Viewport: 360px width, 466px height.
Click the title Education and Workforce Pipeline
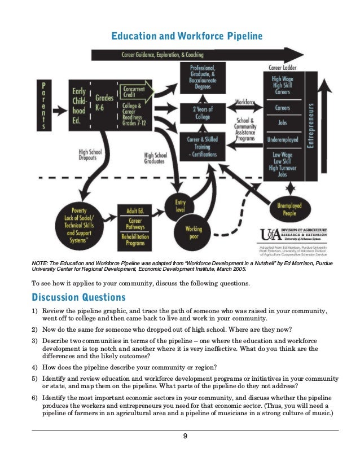click(x=187, y=37)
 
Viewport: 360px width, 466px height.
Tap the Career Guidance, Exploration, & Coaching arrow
click(x=164, y=55)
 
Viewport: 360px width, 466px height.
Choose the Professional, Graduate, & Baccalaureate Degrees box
click(x=203, y=75)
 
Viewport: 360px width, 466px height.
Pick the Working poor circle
click(x=194, y=232)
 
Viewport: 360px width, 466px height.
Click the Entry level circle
click(x=180, y=206)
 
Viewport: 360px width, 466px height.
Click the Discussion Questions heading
click(x=78, y=297)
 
